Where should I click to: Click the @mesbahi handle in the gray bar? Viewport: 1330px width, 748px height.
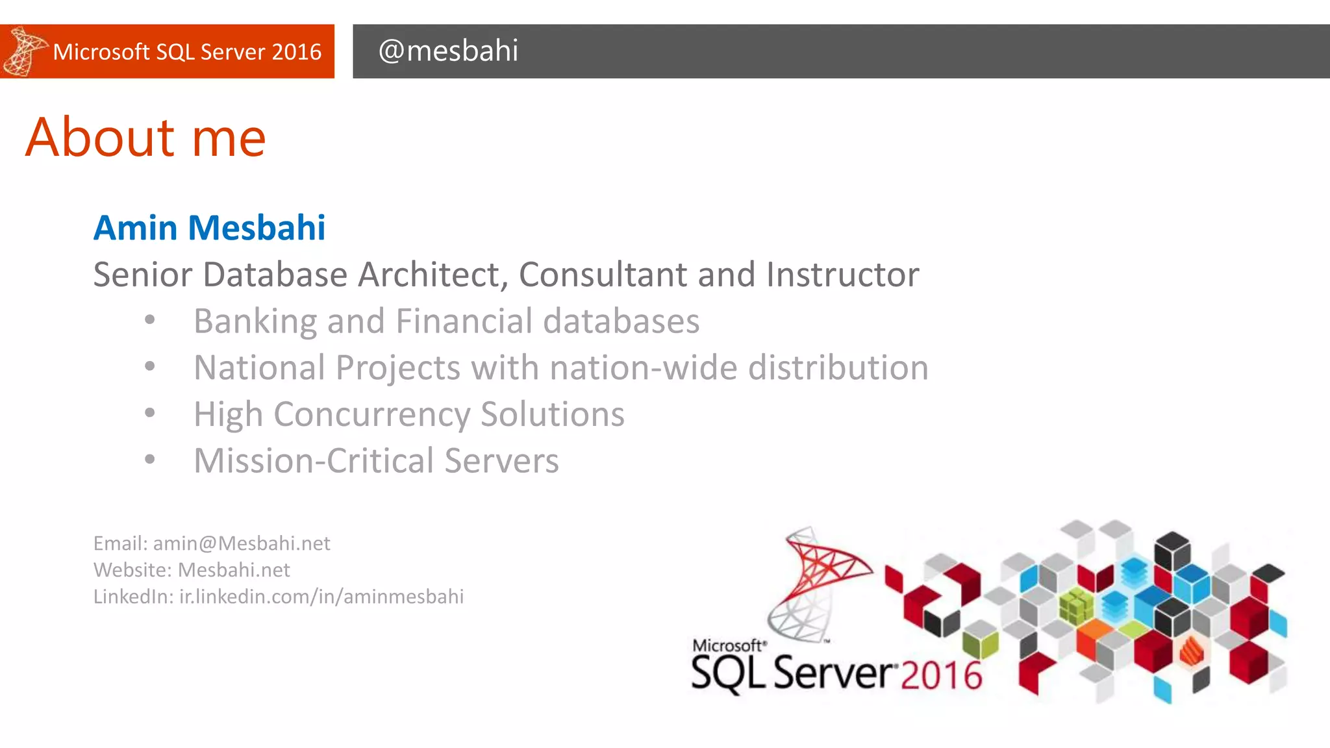pyautogui.click(x=448, y=51)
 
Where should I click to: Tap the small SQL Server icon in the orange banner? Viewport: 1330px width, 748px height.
pyautogui.click(x=24, y=51)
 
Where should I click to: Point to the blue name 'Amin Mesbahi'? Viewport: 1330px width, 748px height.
pyautogui.click(x=209, y=228)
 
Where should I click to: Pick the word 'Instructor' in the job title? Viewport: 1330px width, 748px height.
pyautogui.click(x=842, y=275)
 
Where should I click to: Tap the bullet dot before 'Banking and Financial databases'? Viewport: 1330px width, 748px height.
pyautogui.click(x=150, y=320)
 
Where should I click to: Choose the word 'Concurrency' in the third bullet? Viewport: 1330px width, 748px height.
pyautogui.click(x=371, y=415)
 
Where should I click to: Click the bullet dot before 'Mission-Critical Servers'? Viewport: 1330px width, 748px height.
pyautogui.click(x=150, y=460)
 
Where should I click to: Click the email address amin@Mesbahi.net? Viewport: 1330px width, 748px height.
pyautogui.click(x=242, y=543)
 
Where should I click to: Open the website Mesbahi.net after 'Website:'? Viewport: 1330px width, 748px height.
pyautogui.click(x=234, y=570)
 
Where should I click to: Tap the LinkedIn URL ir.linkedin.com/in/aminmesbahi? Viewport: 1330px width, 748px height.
pyautogui.click(x=321, y=597)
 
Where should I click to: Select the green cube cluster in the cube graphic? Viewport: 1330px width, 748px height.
pyautogui.click(x=1075, y=606)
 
